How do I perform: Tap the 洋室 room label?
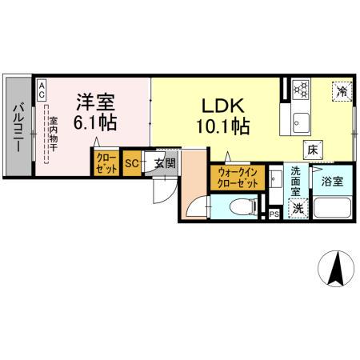click(95, 102)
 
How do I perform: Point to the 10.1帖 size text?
click(222, 126)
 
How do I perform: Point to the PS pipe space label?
click(274, 214)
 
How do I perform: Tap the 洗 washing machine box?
click(296, 208)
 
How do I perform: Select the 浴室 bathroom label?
click(332, 182)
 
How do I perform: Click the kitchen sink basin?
click(302, 122)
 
